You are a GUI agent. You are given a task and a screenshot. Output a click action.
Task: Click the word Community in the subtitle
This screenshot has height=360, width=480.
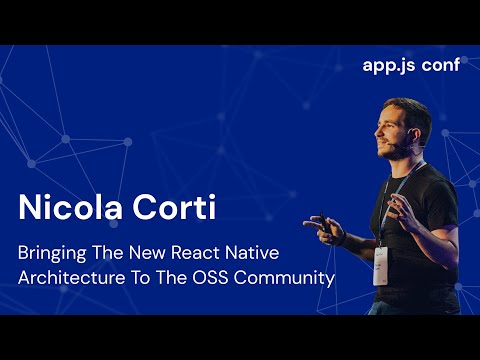pyautogui.click(x=291, y=277)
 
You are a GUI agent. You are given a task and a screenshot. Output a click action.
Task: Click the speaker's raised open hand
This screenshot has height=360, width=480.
pyautogui.click(x=405, y=212)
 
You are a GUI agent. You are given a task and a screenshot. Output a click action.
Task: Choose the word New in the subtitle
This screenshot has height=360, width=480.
pyautogui.click(x=153, y=251)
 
